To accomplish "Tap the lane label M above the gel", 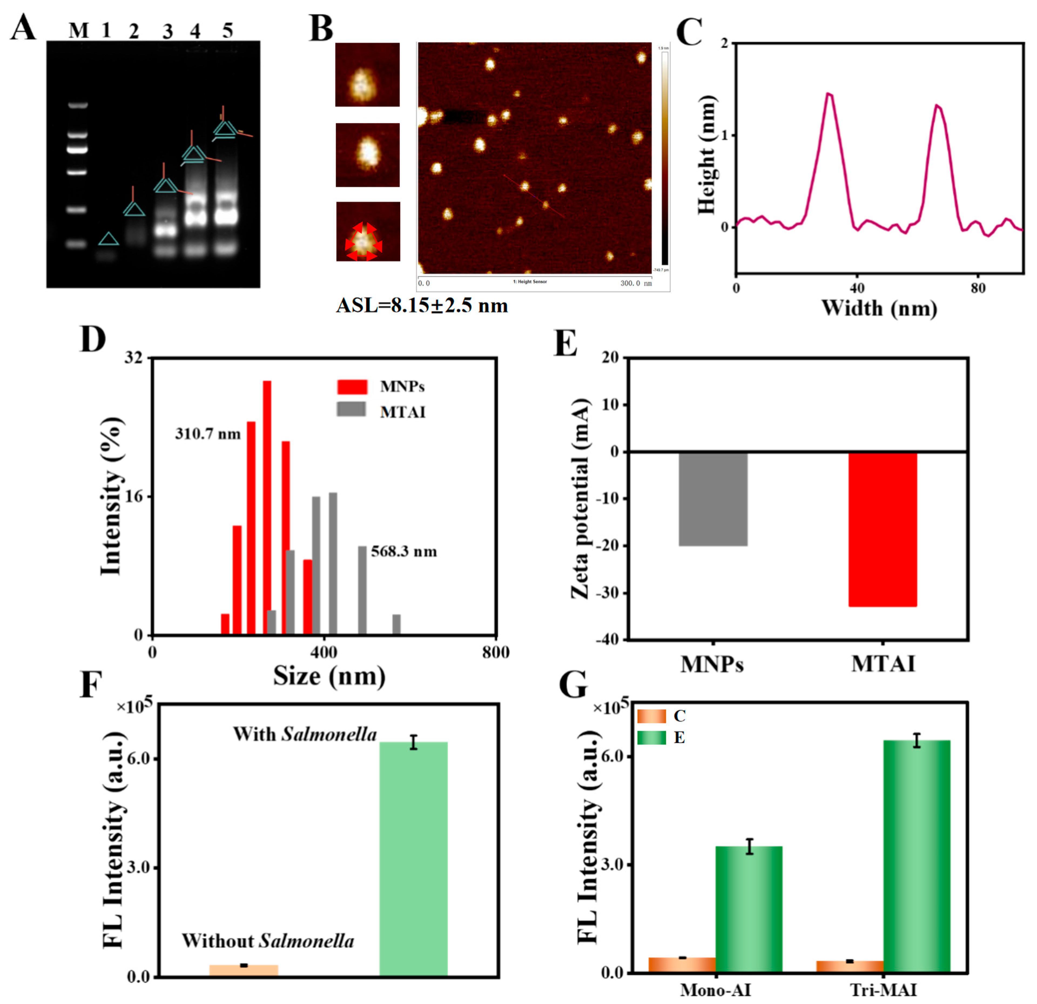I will pos(79,31).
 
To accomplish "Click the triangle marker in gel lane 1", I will pos(109,240).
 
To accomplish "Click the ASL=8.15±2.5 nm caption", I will pos(422,306).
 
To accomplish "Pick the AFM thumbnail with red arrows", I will pos(368,232).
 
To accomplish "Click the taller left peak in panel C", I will pos(829,95).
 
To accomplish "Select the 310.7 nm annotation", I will pos(208,434).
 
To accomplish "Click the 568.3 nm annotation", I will pos(404,552).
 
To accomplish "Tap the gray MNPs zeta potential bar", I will pos(713,499).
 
